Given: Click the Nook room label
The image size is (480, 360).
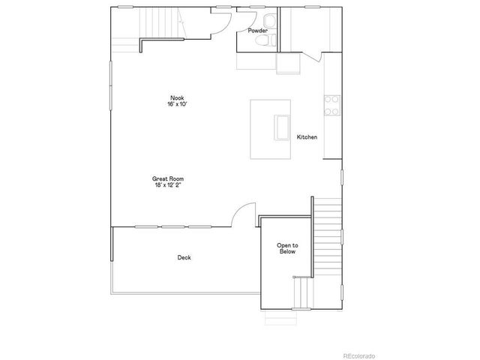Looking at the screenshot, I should [177, 97].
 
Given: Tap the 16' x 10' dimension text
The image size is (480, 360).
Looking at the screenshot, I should [177, 104].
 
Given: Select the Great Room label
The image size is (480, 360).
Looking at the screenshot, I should [168, 178].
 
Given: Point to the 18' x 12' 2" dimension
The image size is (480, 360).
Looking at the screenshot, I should [168, 185].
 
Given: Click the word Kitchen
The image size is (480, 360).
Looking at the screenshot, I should [307, 137].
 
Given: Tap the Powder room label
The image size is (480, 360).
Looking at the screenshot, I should [258, 31].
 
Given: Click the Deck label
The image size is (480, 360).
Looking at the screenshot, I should [184, 257].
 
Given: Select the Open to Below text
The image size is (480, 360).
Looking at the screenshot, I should [288, 249].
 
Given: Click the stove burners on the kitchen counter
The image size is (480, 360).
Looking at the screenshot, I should [330, 106].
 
